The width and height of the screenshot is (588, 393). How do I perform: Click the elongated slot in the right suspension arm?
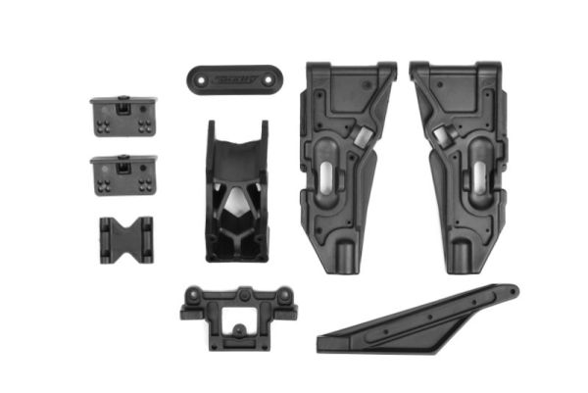pos(479,176)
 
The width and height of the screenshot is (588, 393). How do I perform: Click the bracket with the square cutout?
pos(232,314)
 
